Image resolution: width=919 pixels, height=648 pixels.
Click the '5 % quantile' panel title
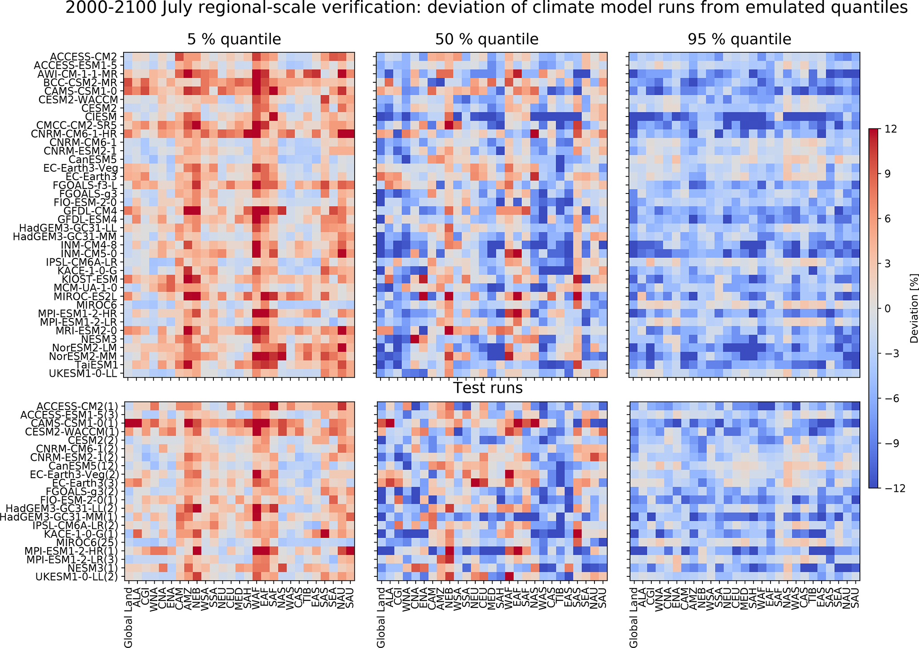[x=234, y=39]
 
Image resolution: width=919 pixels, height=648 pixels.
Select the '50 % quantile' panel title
[x=487, y=39]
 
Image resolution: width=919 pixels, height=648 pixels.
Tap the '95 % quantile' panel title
[x=739, y=39]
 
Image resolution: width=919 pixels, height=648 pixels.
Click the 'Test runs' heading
[x=488, y=388]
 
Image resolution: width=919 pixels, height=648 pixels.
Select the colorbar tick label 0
[x=896, y=308]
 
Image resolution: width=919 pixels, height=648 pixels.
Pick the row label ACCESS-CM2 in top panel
[x=83, y=56]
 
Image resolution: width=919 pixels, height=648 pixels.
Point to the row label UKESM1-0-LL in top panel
[x=84, y=373]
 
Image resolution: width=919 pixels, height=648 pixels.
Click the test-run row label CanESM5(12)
[x=89, y=466]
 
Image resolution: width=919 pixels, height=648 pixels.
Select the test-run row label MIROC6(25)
[x=87, y=542]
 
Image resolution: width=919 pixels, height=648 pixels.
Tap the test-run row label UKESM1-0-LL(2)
[x=77, y=576]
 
